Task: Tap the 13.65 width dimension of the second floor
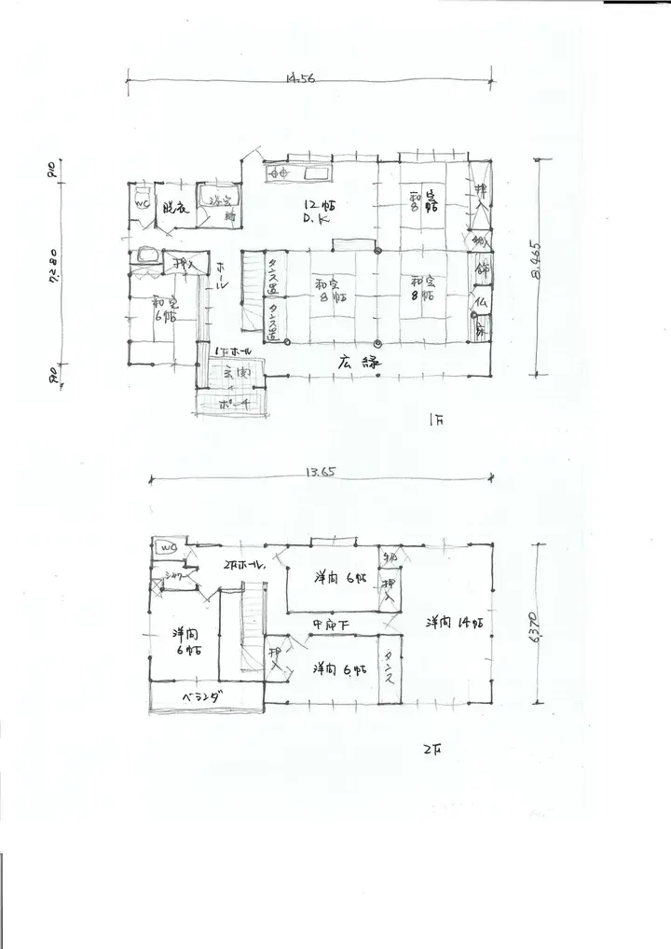[x=320, y=473]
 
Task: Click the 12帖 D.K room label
[x=320, y=211]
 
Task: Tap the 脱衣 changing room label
[x=174, y=208]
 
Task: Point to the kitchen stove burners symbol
[x=277, y=172]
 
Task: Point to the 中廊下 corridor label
[x=331, y=623]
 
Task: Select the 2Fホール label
[x=245, y=565]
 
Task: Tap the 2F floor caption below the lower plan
[x=431, y=749]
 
